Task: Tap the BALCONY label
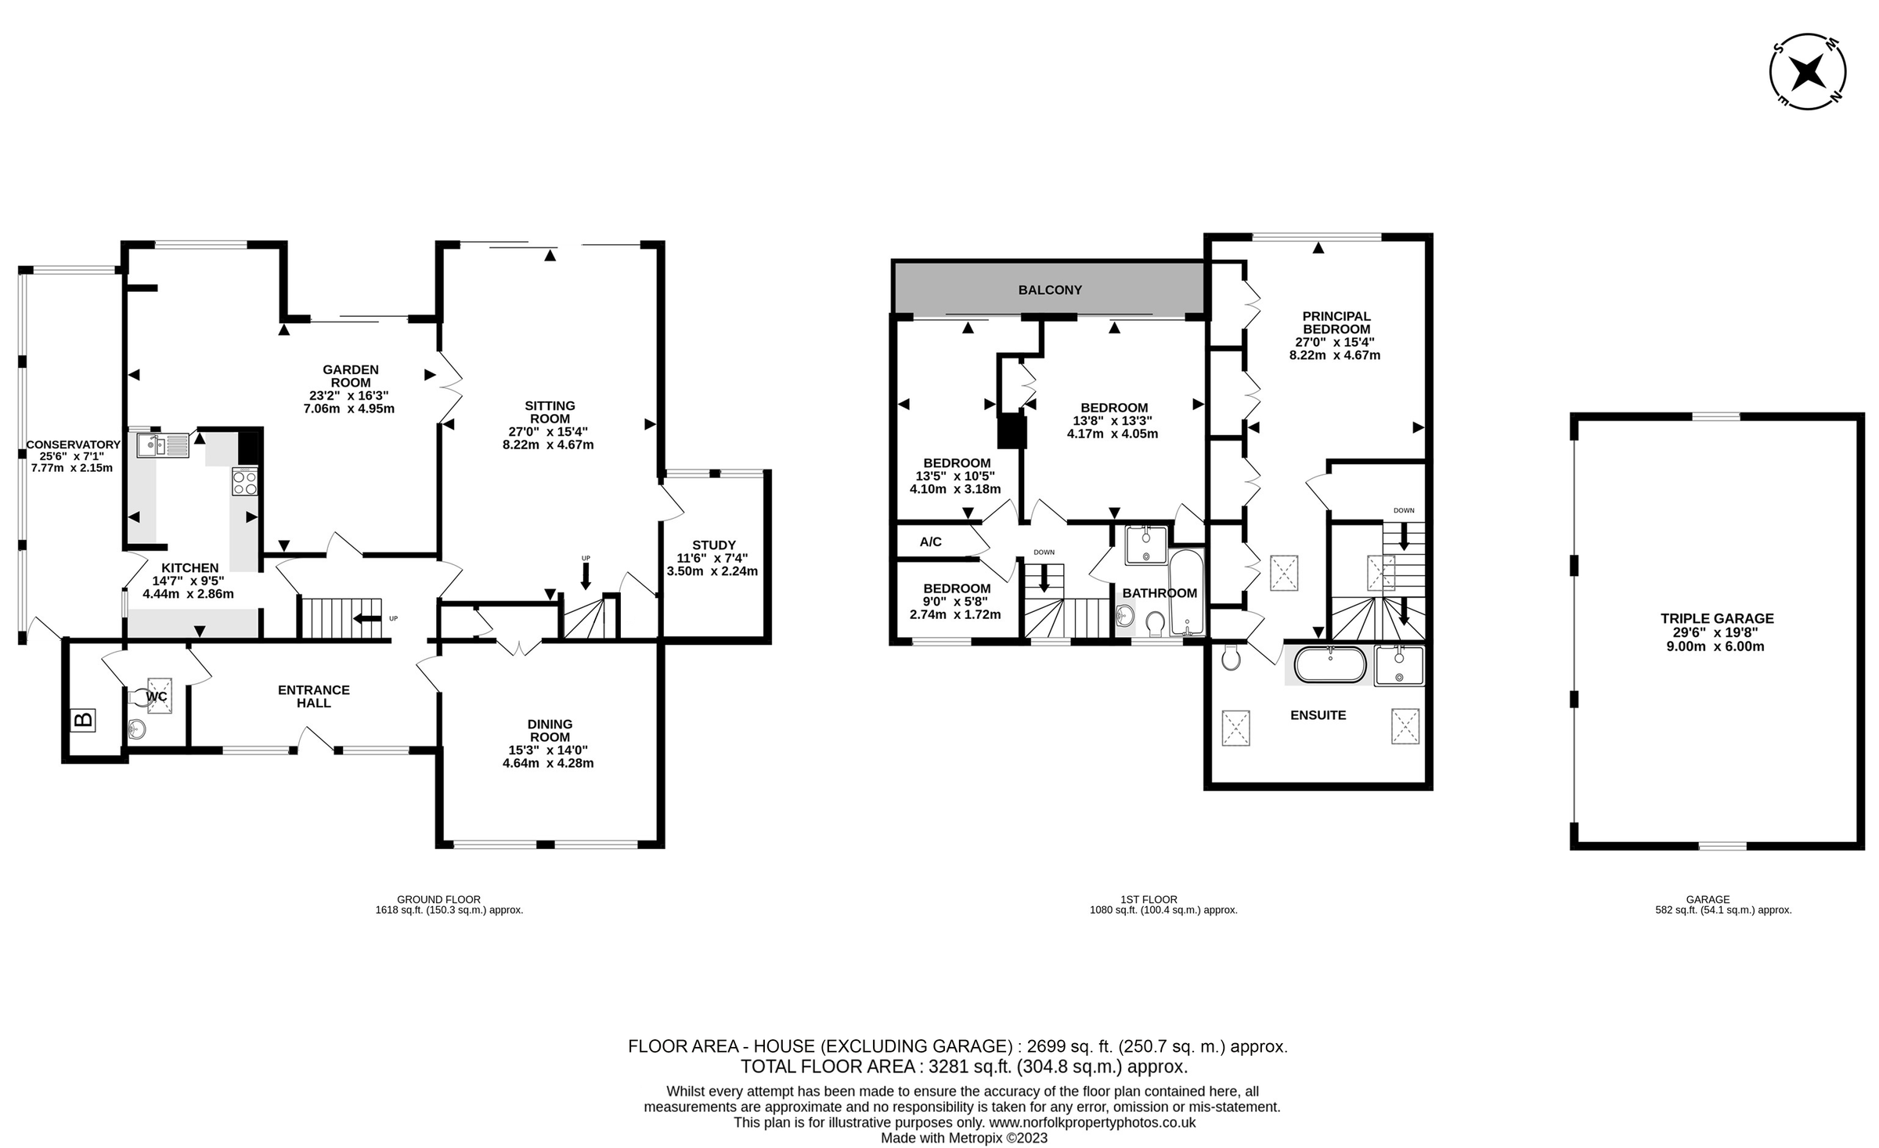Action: coord(1049,290)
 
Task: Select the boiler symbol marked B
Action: coord(83,720)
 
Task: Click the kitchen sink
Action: coord(162,445)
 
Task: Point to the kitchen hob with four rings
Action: coord(245,481)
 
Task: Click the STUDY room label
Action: coord(713,545)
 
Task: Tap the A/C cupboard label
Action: coord(930,542)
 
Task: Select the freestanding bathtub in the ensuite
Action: coord(1329,665)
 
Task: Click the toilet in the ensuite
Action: coord(1231,659)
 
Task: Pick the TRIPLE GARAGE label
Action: coord(1717,618)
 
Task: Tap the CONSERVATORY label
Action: coord(73,444)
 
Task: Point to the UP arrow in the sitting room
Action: coord(586,575)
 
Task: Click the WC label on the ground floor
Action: coord(157,696)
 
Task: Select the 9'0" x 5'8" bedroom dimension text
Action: coord(955,602)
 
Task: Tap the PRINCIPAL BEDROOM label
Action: coord(1336,322)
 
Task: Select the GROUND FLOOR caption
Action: coord(438,899)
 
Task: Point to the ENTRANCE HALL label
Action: coord(313,696)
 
